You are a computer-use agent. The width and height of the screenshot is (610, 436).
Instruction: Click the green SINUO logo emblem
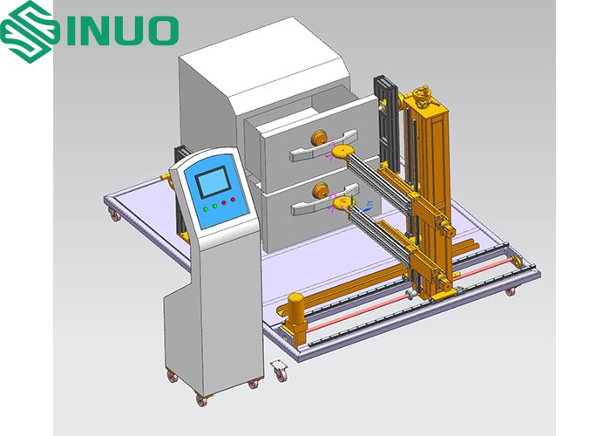point(28,31)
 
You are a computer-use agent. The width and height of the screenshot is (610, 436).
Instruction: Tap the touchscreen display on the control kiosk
point(213,182)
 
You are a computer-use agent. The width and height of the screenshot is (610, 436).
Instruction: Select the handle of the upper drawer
point(323,146)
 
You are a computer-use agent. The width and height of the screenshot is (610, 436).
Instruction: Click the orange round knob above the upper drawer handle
point(319,138)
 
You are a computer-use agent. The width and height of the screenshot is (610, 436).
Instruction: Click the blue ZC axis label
point(369,203)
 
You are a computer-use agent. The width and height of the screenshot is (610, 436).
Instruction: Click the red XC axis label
point(342,200)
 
